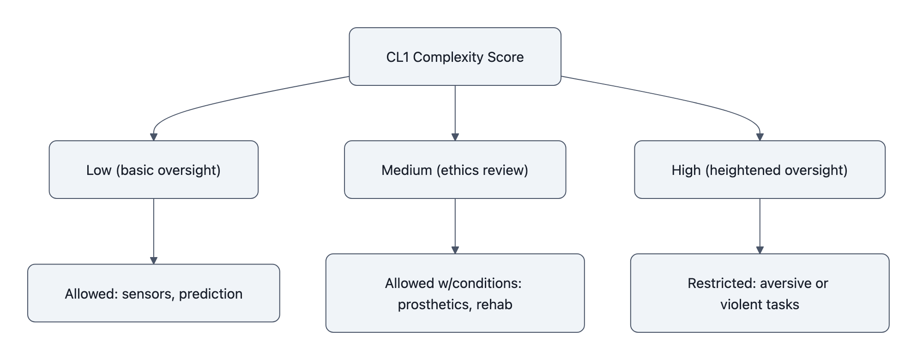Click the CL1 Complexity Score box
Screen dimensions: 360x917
455,56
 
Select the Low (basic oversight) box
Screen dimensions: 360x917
153,170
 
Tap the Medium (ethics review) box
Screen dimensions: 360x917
455,170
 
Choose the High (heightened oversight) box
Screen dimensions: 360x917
760,170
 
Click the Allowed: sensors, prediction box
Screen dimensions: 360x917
153,293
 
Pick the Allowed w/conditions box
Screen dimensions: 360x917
455,293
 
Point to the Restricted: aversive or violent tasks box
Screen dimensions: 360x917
760,293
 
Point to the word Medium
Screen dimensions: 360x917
407,170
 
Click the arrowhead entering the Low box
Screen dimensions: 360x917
154,137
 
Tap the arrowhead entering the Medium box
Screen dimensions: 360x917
455,137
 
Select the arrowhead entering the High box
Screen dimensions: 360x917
760,137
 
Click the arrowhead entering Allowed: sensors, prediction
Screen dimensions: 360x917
154,260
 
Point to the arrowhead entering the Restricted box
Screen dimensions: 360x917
760,250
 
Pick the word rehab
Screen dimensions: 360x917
494,305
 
